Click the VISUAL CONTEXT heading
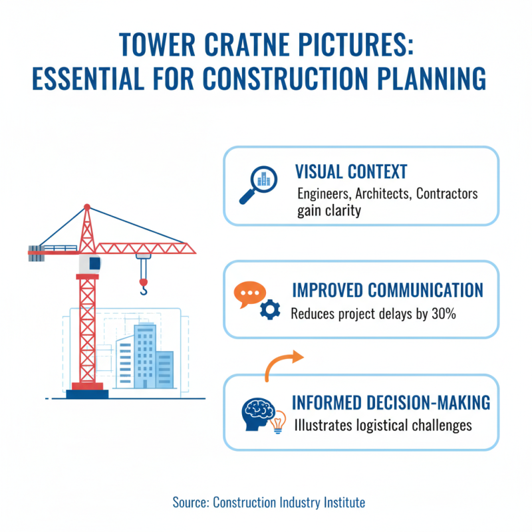point(351,172)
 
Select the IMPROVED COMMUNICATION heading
point(388,291)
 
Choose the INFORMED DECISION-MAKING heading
point(391,402)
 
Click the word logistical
point(386,424)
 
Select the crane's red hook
point(143,287)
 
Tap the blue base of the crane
point(87,394)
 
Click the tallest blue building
point(144,356)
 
